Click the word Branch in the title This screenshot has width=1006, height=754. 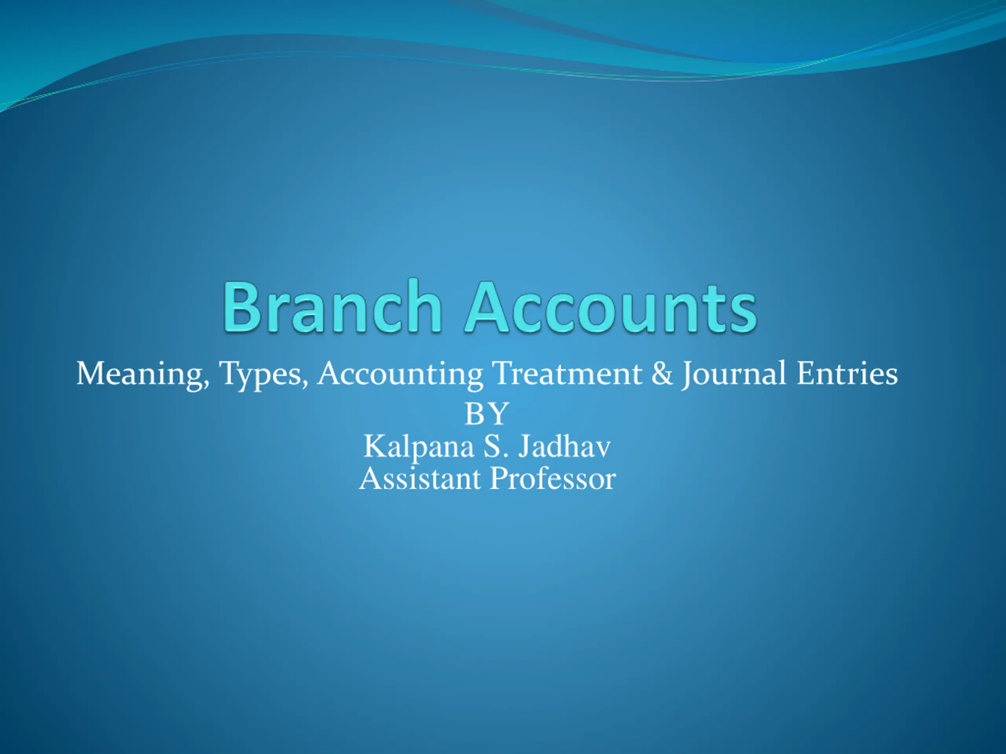(x=332, y=306)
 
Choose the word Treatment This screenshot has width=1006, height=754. (x=567, y=373)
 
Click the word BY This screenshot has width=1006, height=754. (x=486, y=414)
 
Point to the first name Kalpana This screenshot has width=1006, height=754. (x=419, y=448)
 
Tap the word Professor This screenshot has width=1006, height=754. (x=553, y=479)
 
